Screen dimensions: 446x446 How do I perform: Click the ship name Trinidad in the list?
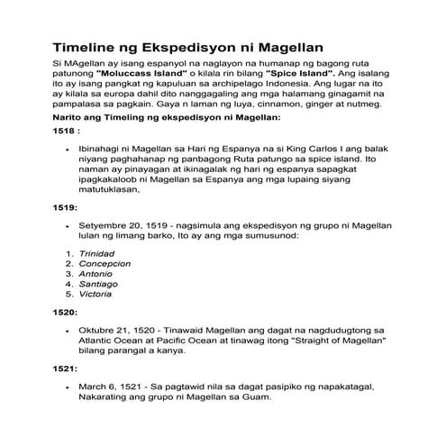[97, 254]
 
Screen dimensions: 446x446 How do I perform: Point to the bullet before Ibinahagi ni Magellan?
[69, 146]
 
